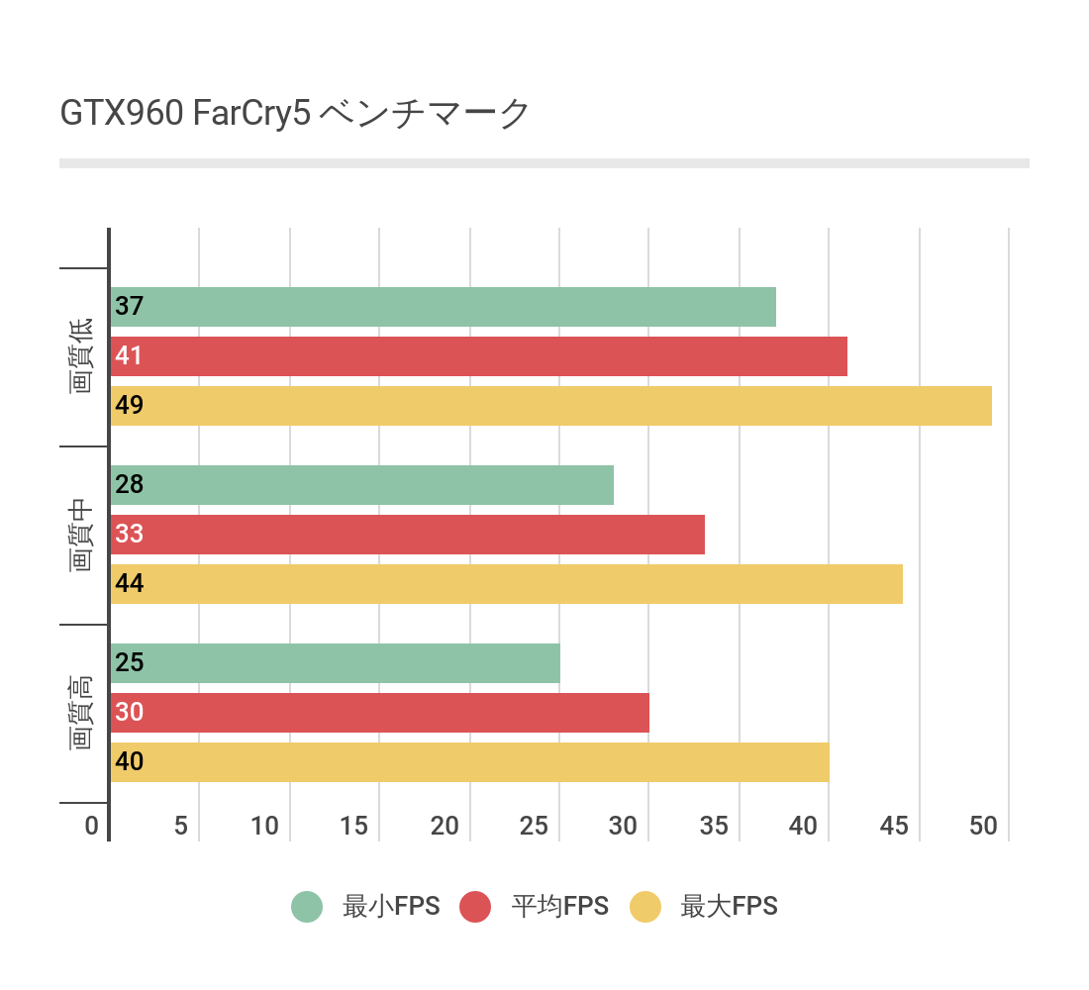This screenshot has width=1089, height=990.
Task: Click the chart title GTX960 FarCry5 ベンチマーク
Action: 295,114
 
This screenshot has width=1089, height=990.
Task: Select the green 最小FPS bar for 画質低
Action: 443,307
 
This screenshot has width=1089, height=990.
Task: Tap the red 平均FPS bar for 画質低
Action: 478,356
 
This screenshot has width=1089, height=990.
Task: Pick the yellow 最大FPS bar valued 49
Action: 550,406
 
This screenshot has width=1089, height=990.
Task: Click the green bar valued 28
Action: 361,485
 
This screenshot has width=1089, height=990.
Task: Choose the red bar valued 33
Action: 407,535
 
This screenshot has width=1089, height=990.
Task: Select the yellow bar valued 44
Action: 506,584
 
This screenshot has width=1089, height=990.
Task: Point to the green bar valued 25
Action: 335,663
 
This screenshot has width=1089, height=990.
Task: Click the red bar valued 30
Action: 379,713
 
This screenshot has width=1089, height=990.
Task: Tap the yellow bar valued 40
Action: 469,762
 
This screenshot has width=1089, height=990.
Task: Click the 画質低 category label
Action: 81,356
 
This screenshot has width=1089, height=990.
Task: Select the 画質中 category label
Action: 81,535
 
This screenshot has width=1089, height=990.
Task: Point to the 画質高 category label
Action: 81,713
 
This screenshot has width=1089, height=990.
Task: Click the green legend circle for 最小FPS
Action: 307,906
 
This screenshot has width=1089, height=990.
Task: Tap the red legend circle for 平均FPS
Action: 476,906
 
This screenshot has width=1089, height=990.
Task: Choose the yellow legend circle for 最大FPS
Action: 645,906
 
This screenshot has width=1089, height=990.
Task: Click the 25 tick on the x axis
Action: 534,827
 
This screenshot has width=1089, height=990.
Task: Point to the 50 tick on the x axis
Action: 983,827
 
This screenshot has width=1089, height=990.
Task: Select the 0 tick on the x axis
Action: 92,827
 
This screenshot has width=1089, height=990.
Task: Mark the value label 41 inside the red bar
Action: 129,356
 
